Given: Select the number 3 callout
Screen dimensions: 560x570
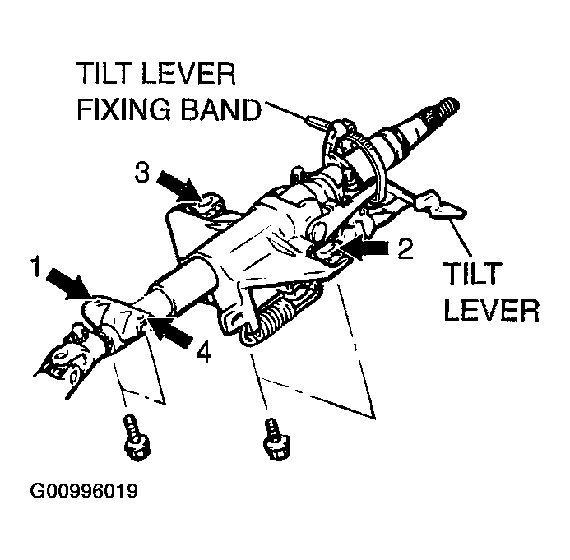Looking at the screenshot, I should coord(141,174).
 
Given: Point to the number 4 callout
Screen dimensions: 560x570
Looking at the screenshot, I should coord(202,354).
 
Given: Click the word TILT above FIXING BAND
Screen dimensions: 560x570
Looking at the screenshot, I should coord(107,74).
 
